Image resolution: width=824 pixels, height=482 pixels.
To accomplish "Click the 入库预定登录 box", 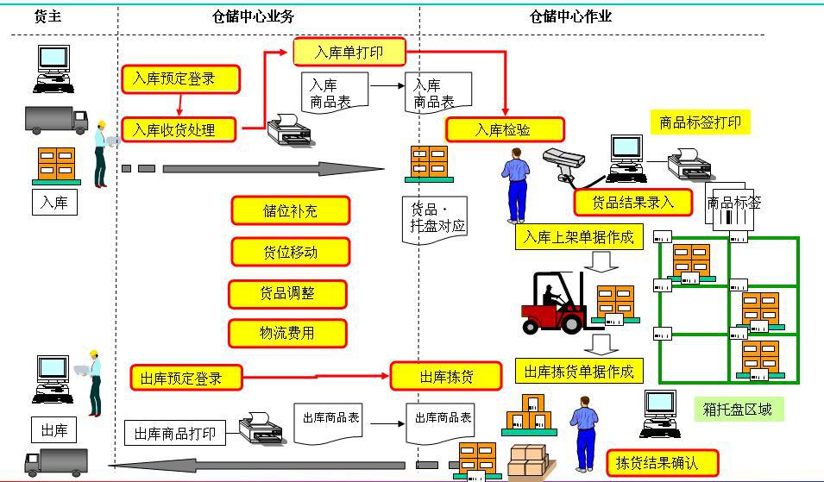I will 179,79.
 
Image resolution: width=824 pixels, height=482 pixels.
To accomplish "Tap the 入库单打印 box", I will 349,53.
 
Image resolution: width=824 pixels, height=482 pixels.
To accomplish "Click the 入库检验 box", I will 505,130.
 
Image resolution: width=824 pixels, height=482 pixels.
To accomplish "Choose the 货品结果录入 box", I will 633,202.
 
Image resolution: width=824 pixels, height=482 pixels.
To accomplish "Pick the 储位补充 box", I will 290,210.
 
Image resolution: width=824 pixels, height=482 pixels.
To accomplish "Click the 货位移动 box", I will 290,253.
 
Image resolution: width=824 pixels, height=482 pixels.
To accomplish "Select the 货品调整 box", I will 287,294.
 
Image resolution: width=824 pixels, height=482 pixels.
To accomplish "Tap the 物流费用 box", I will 287,334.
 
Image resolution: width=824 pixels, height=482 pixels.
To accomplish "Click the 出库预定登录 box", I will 186,378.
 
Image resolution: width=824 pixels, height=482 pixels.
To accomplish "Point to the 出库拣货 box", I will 446,377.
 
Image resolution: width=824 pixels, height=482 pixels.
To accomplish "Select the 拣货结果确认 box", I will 663,463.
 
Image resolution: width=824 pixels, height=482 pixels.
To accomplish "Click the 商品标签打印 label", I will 700,122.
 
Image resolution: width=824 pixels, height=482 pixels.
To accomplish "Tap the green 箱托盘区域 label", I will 738,410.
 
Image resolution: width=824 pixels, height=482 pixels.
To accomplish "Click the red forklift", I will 557,304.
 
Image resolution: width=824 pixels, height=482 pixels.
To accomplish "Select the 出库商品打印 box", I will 175,433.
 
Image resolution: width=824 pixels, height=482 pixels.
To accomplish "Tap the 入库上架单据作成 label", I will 578,237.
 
